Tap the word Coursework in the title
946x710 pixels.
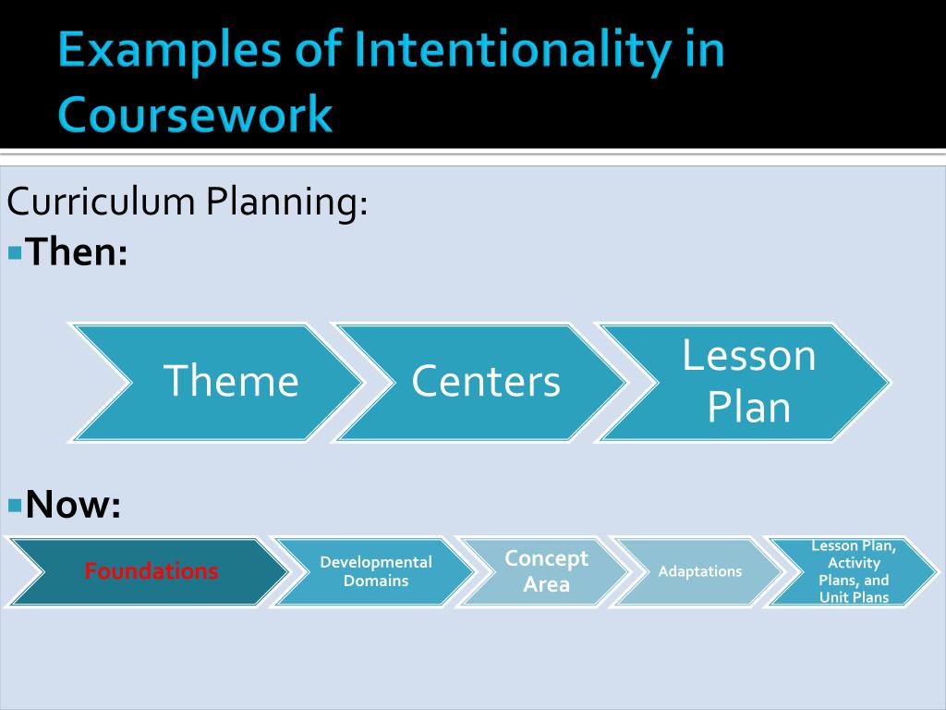click(x=194, y=116)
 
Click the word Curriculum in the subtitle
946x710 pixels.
click(x=100, y=202)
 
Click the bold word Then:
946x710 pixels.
click(x=77, y=251)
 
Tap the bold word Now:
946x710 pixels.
click(x=73, y=505)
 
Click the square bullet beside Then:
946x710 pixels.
click(x=14, y=251)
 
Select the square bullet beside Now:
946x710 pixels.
click(x=14, y=505)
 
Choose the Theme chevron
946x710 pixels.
click(x=231, y=381)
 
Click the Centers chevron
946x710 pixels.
click(x=486, y=381)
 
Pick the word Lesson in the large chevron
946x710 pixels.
click(x=749, y=356)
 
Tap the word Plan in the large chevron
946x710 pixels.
click(x=749, y=407)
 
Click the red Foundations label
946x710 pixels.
click(x=152, y=571)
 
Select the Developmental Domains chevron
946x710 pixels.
click(x=375, y=571)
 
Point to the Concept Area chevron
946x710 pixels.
click(x=546, y=571)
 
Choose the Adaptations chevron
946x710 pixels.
click(x=699, y=571)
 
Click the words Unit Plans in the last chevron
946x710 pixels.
click(x=854, y=597)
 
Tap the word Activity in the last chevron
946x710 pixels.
click(x=854, y=563)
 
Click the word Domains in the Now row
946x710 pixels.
click(x=375, y=581)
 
